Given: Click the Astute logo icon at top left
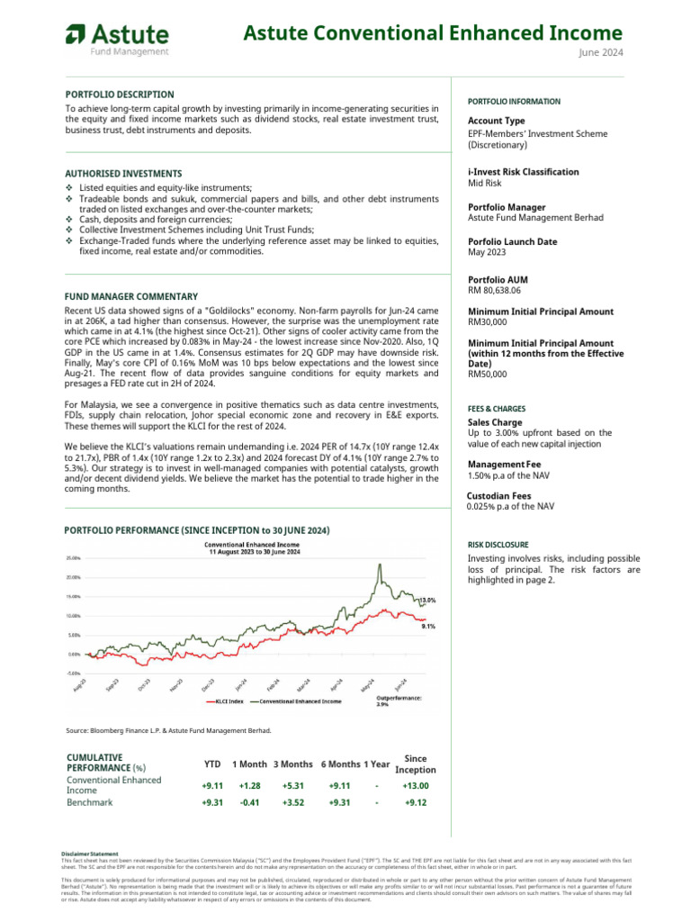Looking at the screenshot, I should pos(75,37).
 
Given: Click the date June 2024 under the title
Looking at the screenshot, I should pos(600,52).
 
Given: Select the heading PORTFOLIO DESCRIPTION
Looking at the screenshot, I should pos(120,95).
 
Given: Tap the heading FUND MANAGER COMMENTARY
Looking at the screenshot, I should pos(131,296).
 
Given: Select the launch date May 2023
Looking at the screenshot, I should pos(487,252).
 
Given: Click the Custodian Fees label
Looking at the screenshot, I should pos(499,496).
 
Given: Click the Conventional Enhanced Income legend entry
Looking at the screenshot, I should pos(301,701).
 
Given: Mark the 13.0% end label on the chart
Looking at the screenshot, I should pos(427,600).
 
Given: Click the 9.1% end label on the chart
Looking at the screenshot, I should pos(429,627).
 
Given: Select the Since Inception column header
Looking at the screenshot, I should pos(416,764).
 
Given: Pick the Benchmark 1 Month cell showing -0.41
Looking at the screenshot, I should pos(249,803).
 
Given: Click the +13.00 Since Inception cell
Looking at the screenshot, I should pos(416,785).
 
